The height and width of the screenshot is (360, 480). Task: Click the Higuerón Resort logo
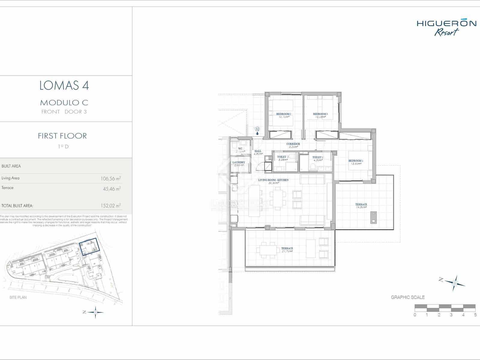(446, 27)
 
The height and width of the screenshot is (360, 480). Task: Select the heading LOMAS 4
(64, 86)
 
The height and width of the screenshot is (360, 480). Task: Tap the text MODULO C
(64, 103)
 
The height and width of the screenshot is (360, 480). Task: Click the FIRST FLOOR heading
(62, 136)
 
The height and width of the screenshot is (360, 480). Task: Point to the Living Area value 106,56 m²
(111, 178)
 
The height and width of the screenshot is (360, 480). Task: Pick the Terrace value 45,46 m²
(112, 189)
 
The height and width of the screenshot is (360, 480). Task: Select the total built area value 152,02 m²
(111, 206)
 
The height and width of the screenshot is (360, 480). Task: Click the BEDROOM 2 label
(283, 114)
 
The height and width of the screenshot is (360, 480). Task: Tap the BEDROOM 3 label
(320, 114)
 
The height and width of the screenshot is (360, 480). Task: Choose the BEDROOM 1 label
(355, 161)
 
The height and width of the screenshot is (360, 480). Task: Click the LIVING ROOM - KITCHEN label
(273, 180)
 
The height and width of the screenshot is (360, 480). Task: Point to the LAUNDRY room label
(239, 162)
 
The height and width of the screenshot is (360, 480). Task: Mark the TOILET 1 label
(318, 157)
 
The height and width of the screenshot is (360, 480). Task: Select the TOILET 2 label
(283, 157)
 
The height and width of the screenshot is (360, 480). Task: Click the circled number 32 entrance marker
(257, 129)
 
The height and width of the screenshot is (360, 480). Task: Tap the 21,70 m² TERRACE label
(287, 248)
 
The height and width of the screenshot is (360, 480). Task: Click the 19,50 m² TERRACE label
(361, 205)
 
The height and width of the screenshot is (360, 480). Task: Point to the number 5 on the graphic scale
(475, 315)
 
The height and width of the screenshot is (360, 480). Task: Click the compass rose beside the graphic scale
(455, 283)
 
